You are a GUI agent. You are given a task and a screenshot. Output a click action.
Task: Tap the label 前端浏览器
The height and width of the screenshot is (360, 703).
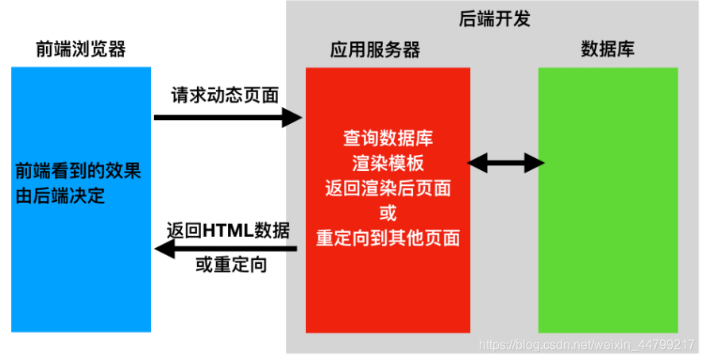(x=80, y=50)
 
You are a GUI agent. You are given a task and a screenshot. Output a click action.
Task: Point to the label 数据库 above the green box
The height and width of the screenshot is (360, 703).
(x=608, y=50)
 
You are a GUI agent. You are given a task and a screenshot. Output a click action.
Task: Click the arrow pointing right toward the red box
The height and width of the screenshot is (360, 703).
(x=227, y=118)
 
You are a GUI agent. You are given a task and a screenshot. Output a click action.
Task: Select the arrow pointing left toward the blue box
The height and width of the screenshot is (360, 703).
(x=226, y=250)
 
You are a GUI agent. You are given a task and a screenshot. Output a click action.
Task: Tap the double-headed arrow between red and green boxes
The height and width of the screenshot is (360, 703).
(x=505, y=164)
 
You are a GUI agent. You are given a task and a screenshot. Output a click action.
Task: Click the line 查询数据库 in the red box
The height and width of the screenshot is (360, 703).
(x=388, y=138)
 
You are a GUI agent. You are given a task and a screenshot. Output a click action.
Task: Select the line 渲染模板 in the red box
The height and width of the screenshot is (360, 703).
(x=388, y=163)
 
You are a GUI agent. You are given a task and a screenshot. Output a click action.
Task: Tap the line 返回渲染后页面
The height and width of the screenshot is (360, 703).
(x=388, y=188)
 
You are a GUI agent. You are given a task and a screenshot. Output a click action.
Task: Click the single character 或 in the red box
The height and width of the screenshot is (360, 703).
(x=388, y=213)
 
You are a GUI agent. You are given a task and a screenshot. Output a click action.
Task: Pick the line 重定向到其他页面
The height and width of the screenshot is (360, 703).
(x=388, y=238)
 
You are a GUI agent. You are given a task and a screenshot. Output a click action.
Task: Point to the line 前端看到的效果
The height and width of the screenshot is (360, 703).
(x=79, y=171)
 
